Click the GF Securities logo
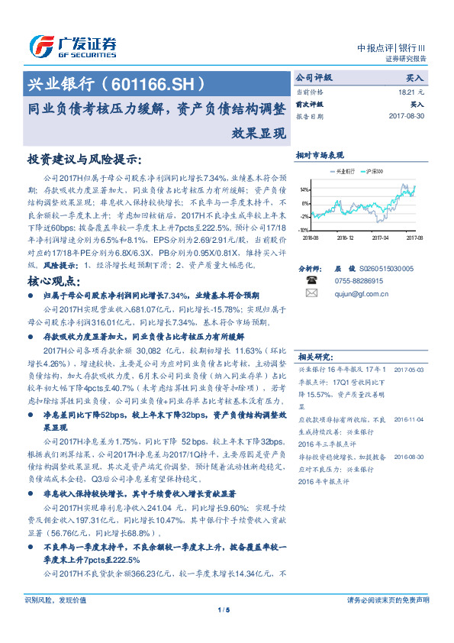coord(72,46)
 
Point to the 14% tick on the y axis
coord(304,189)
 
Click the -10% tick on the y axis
coord(304,229)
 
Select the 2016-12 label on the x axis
coord(345,237)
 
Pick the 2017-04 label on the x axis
coord(380,237)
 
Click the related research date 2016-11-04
coord(410,419)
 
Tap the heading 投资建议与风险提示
coord(84,160)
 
